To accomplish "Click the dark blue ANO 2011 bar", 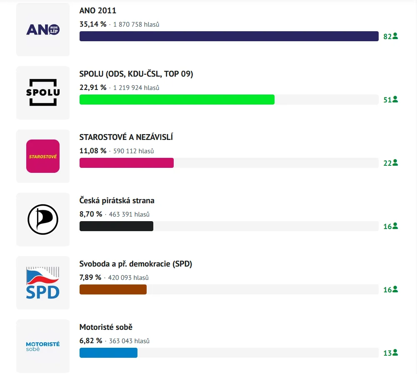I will click(x=229, y=36).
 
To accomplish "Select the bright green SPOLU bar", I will click(x=177, y=100).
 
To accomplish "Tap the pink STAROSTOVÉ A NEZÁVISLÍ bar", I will click(x=127, y=163).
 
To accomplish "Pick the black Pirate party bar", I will click(x=116, y=226).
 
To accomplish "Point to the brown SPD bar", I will click(x=113, y=289).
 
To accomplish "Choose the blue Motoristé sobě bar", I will click(x=108, y=353).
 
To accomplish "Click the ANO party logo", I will click(x=43, y=30).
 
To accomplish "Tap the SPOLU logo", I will click(x=43, y=92).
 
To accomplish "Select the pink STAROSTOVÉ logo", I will click(x=43, y=156).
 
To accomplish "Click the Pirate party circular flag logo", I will click(x=43, y=219).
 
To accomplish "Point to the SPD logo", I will click(x=43, y=283).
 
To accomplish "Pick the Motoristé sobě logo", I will click(x=43, y=346).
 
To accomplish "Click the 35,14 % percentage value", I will click(x=93, y=24).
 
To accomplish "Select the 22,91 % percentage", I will click(x=93, y=87).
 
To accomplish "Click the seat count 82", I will click(x=387, y=37).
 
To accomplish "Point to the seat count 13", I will click(x=387, y=353).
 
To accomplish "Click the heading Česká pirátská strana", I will click(x=117, y=200).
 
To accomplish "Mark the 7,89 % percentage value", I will click(x=90, y=277).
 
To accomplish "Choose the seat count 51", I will click(x=387, y=100).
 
